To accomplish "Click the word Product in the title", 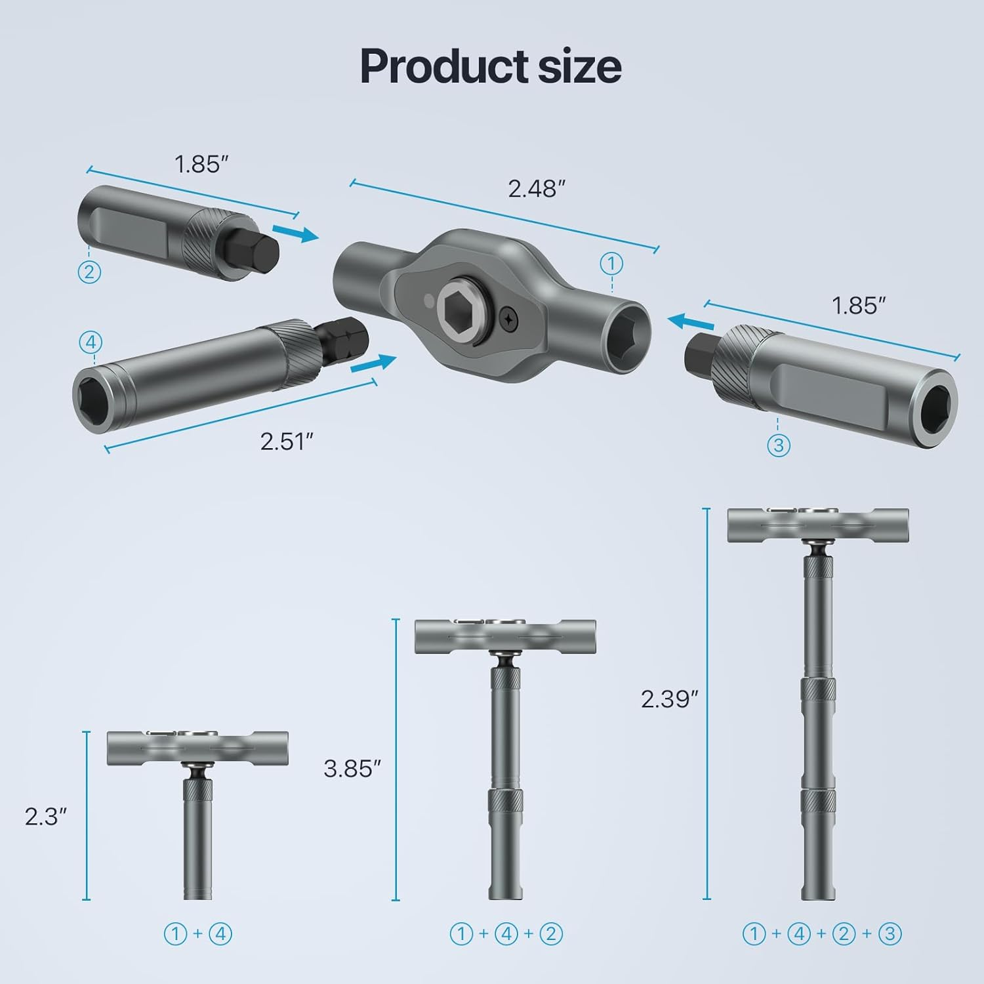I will [x=434, y=67].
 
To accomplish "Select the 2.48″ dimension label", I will [x=536, y=189].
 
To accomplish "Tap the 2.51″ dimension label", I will [x=287, y=441].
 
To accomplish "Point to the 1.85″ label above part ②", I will [x=201, y=164].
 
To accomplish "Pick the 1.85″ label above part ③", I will [x=858, y=306].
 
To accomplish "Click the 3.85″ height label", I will [x=352, y=768].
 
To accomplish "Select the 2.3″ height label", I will [x=46, y=817].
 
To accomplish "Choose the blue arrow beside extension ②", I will [x=295, y=232].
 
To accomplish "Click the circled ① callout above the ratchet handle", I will [x=611, y=264].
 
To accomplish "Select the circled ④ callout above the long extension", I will [x=91, y=342].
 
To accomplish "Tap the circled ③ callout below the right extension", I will [x=778, y=445].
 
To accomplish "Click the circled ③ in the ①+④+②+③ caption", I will [x=890, y=933].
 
